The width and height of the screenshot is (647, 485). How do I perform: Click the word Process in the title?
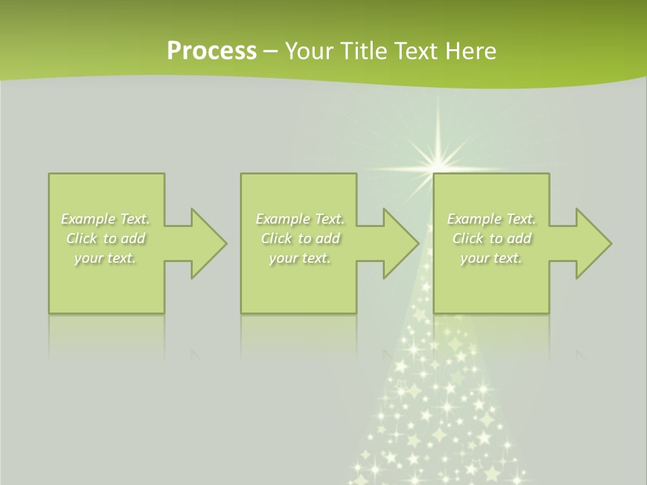pyautogui.click(x=212, y=51)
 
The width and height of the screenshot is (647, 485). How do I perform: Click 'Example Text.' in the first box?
pyautogui.click(x=105, y=219)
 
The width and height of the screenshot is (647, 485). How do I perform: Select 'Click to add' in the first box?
pyautogui.click(x=106, y=238)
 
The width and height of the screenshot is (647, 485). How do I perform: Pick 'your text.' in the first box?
pyautogui.click(x=105, y=258)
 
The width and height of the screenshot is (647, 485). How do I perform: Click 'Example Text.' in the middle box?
pyautogui.click(x=300, y=219)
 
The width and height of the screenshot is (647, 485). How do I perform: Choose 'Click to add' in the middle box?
pyautogui.click(x=300, y=238)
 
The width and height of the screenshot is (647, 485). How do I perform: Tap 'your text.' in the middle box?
pyautogui.click(x=299, y=258)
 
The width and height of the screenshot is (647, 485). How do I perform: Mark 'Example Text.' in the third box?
pyautogui.click(x=491, y=219)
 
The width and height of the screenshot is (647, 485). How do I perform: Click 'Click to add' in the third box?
pyautogui.click(x=491, y=238)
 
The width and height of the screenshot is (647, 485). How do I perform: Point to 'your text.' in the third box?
pyautogui.click(x=491, y=258)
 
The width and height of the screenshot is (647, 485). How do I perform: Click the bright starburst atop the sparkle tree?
pyautogui.click(x=439, y=162)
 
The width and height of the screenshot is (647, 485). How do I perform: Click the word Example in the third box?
pyautogui.click(x=474, y=219)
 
